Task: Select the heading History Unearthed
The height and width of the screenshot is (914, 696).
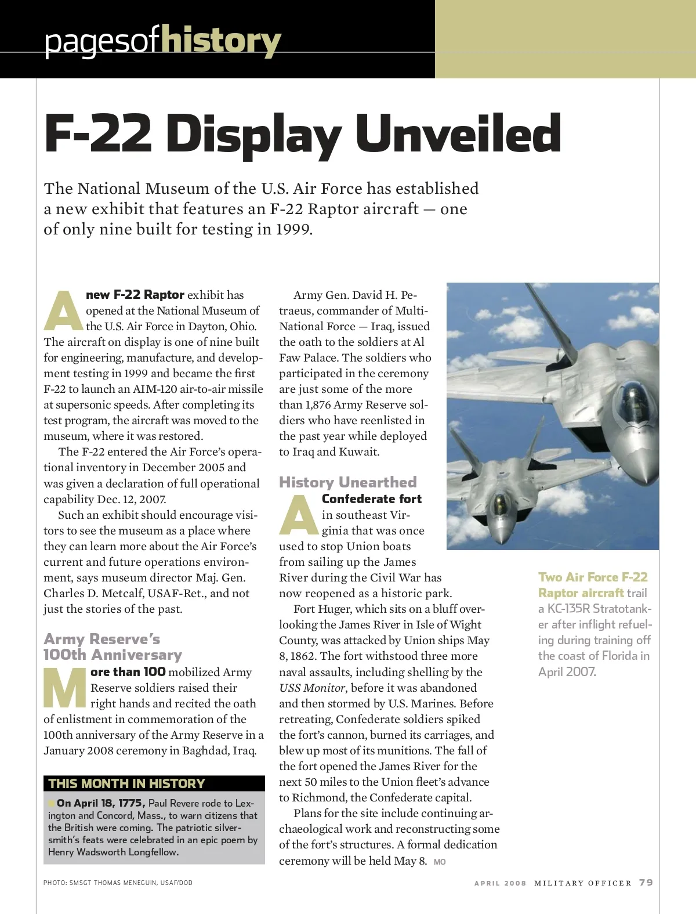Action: tap(348, 482)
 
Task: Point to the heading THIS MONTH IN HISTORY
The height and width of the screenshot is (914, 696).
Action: tap(127, 783)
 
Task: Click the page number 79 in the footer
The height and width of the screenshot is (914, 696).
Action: tap(646, 883)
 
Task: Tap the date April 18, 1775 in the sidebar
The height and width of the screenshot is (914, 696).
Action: tap(101, 803)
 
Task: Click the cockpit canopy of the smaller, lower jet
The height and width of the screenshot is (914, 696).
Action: tap(498, 500)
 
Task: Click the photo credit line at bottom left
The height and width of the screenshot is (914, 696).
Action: tap(118, 883)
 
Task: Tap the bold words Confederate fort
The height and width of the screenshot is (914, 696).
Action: tap(372, 499)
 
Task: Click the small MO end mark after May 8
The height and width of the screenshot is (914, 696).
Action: tap(440, 862)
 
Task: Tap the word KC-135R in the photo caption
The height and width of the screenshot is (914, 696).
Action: tap(568, 609)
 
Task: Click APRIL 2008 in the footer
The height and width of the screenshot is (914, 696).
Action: tap(500, 883)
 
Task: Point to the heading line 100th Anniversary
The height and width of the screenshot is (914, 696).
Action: tap(113, 655)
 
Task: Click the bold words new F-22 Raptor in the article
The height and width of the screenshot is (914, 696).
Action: tap(135, 295)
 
